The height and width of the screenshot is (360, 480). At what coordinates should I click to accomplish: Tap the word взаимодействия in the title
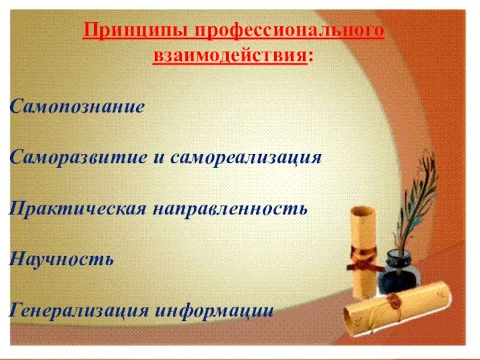pyautogui.click(x=230, y=58)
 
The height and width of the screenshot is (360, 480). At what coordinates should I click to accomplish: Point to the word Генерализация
pyautogui.click(x=80, y=311)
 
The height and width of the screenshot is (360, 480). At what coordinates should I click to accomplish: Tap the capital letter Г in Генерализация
pyautogui.click(x=16, y=311)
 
